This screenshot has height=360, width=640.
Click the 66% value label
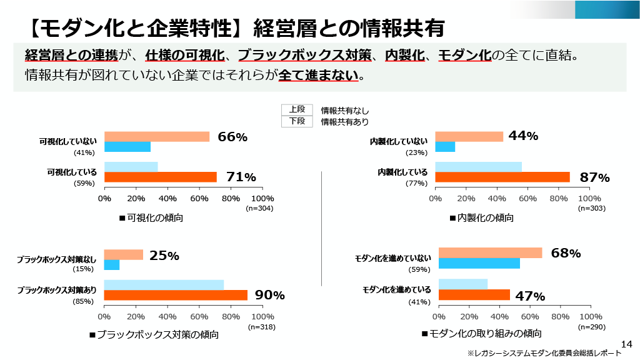pos(232,137)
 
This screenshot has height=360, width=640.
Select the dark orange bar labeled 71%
pos(160,177)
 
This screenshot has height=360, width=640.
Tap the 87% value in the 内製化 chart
pos(594,177)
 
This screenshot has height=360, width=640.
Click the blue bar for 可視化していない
pos(127,147)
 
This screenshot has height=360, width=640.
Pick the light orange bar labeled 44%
pos(469,137)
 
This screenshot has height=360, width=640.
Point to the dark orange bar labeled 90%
pos(176,295)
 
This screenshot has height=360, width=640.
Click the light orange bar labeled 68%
pos(490,253)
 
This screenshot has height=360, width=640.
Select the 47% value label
pos(530,296)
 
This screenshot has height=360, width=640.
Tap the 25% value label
pos(164,256)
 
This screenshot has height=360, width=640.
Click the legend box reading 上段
pos(297,109)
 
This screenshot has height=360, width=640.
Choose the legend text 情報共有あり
pos(345,122)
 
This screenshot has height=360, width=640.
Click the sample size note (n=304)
pos(259,208)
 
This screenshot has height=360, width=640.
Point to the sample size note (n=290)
pos(591,327)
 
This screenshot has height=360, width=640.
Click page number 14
pos(627,344)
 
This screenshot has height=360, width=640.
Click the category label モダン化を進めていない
pos(392,258)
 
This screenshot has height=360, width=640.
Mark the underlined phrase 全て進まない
pos(319,75)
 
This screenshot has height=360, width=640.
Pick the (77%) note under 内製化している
pos(416,183)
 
